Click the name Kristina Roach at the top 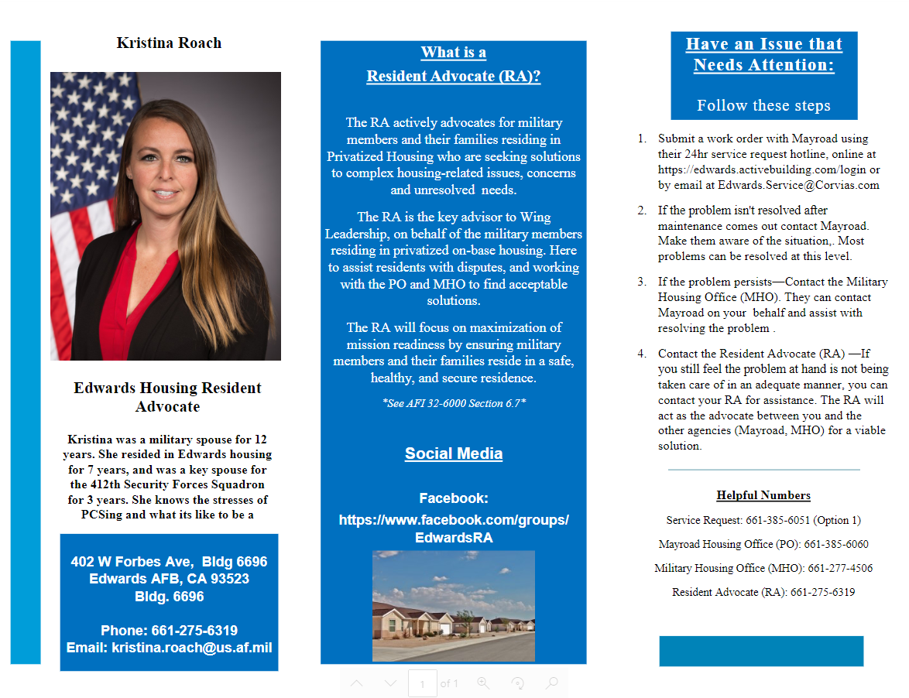pyautogui.click(x=169, y=43)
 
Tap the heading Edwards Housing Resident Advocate pyautogui.click(x=167, y=397)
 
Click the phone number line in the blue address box pyautogui.click(x=169, y=631)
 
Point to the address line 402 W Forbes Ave pyautogui.click(x=169, y=562)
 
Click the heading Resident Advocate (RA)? pyautogui.click(x=453, y=76)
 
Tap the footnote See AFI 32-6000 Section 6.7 pyautogui.click(x=454, y=403)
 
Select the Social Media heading pyautogui.click(x=454, y=453)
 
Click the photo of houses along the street pyautogui.click(x=454, y=606)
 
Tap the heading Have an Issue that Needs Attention pyautogui.click(x=763, y=54)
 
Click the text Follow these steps pyautogui.click(x=763, y=105)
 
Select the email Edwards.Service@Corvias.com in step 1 pyautogui.click(x=798, y=185)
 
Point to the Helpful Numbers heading pyautogui.click(x=763, y=495)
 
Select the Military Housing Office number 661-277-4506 pyautogui.click(x=840, y=568)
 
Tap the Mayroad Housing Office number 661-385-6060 pyautogui.click(x=836, y=544)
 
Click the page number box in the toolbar pyautogui.click(x=422, y=684)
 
